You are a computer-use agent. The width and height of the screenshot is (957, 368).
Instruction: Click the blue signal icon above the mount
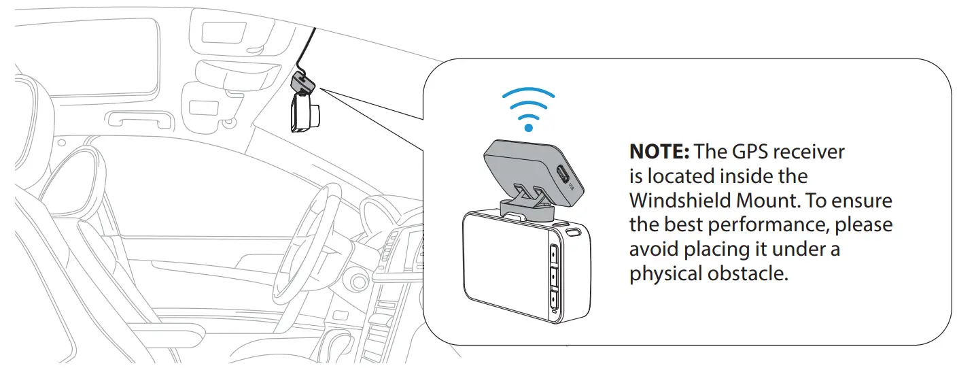click(x=529, y=109)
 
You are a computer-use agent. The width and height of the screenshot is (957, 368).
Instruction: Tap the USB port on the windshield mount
click(x=563, y=173)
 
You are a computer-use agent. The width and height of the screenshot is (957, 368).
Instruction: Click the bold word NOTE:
click(x=658, y=151)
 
